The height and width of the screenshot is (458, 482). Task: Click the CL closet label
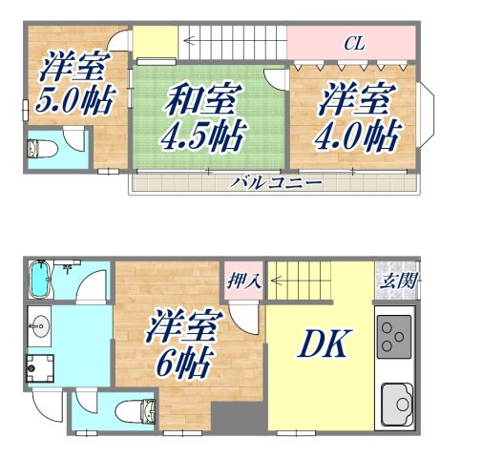tap(354, 42)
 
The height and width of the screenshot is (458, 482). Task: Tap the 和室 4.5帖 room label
tap(206, 116)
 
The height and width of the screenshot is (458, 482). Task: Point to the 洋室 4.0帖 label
tap(355, 118)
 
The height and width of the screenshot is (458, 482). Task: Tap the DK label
tap(325, 344)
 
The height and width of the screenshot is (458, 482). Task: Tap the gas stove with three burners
tap(394, 334)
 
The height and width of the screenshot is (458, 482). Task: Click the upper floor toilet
tap(42, 149)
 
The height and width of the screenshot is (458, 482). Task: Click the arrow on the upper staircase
tap(191, 41)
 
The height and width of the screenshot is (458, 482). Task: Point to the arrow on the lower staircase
tap(277, 281)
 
